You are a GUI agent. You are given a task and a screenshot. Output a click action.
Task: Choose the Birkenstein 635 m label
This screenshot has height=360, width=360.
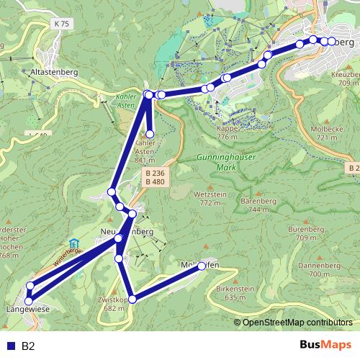coord(240,292)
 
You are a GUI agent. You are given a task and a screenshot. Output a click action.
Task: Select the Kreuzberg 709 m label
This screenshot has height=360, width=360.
coord(343,78)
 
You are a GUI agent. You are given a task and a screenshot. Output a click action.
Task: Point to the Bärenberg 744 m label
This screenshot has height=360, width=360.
coord(260,204)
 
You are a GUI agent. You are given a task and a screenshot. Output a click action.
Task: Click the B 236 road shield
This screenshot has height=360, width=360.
coord(154,174)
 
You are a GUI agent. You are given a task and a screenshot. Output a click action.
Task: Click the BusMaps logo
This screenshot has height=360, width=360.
coord(328,346)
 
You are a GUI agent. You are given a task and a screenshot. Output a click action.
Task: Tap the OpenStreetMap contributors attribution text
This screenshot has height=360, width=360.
coord(297,323)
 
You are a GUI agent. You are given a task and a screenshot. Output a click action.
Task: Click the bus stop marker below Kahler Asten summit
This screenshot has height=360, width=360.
coord(150,134)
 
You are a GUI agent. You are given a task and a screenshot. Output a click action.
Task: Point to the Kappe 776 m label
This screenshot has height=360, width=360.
coord(226,132)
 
